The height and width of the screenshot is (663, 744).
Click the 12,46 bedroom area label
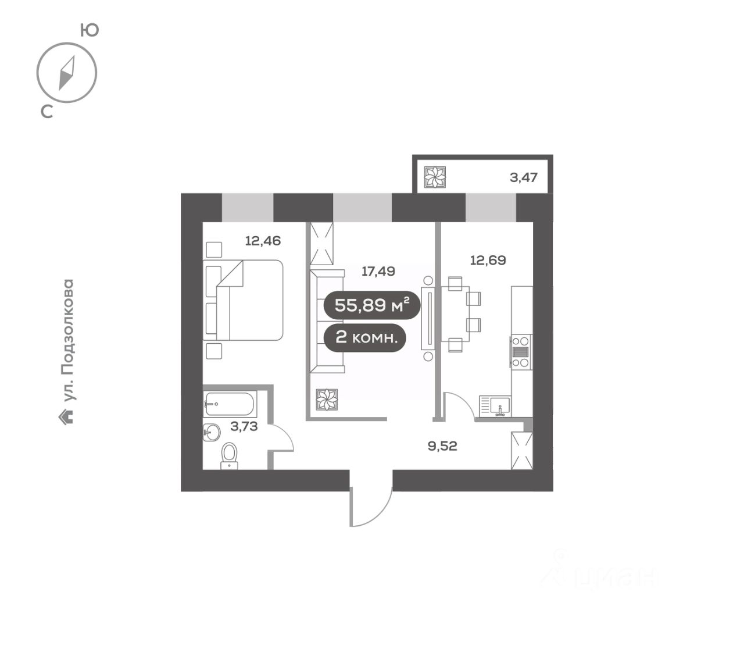tap(263, 240)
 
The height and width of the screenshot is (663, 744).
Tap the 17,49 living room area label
tap(378, 271)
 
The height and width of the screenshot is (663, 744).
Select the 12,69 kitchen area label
tap(488, 260)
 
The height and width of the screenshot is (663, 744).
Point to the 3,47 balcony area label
tap(524, 177)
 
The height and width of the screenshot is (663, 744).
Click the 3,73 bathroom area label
tap(244, 426)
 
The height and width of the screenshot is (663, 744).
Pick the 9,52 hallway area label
tap(442, 446)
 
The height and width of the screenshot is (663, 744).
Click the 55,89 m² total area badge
tap(371, 305)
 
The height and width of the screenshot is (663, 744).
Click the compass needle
tap(67, 73)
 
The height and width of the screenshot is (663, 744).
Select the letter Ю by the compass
tap(89, 30)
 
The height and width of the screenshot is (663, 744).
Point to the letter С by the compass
tap(47, 112)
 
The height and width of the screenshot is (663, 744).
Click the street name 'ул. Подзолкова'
tap(69, 340)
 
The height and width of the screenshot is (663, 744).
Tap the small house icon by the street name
tap(68, 416)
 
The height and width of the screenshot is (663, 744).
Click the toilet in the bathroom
tap(230, 455)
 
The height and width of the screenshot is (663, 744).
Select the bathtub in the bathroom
tap(230, 404)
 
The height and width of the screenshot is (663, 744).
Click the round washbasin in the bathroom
tap(212, 432)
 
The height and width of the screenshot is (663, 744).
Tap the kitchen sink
tap(495, 405)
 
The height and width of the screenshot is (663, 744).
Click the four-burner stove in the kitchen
tap(521, 351)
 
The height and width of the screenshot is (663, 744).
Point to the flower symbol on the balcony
tap(435, 177)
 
